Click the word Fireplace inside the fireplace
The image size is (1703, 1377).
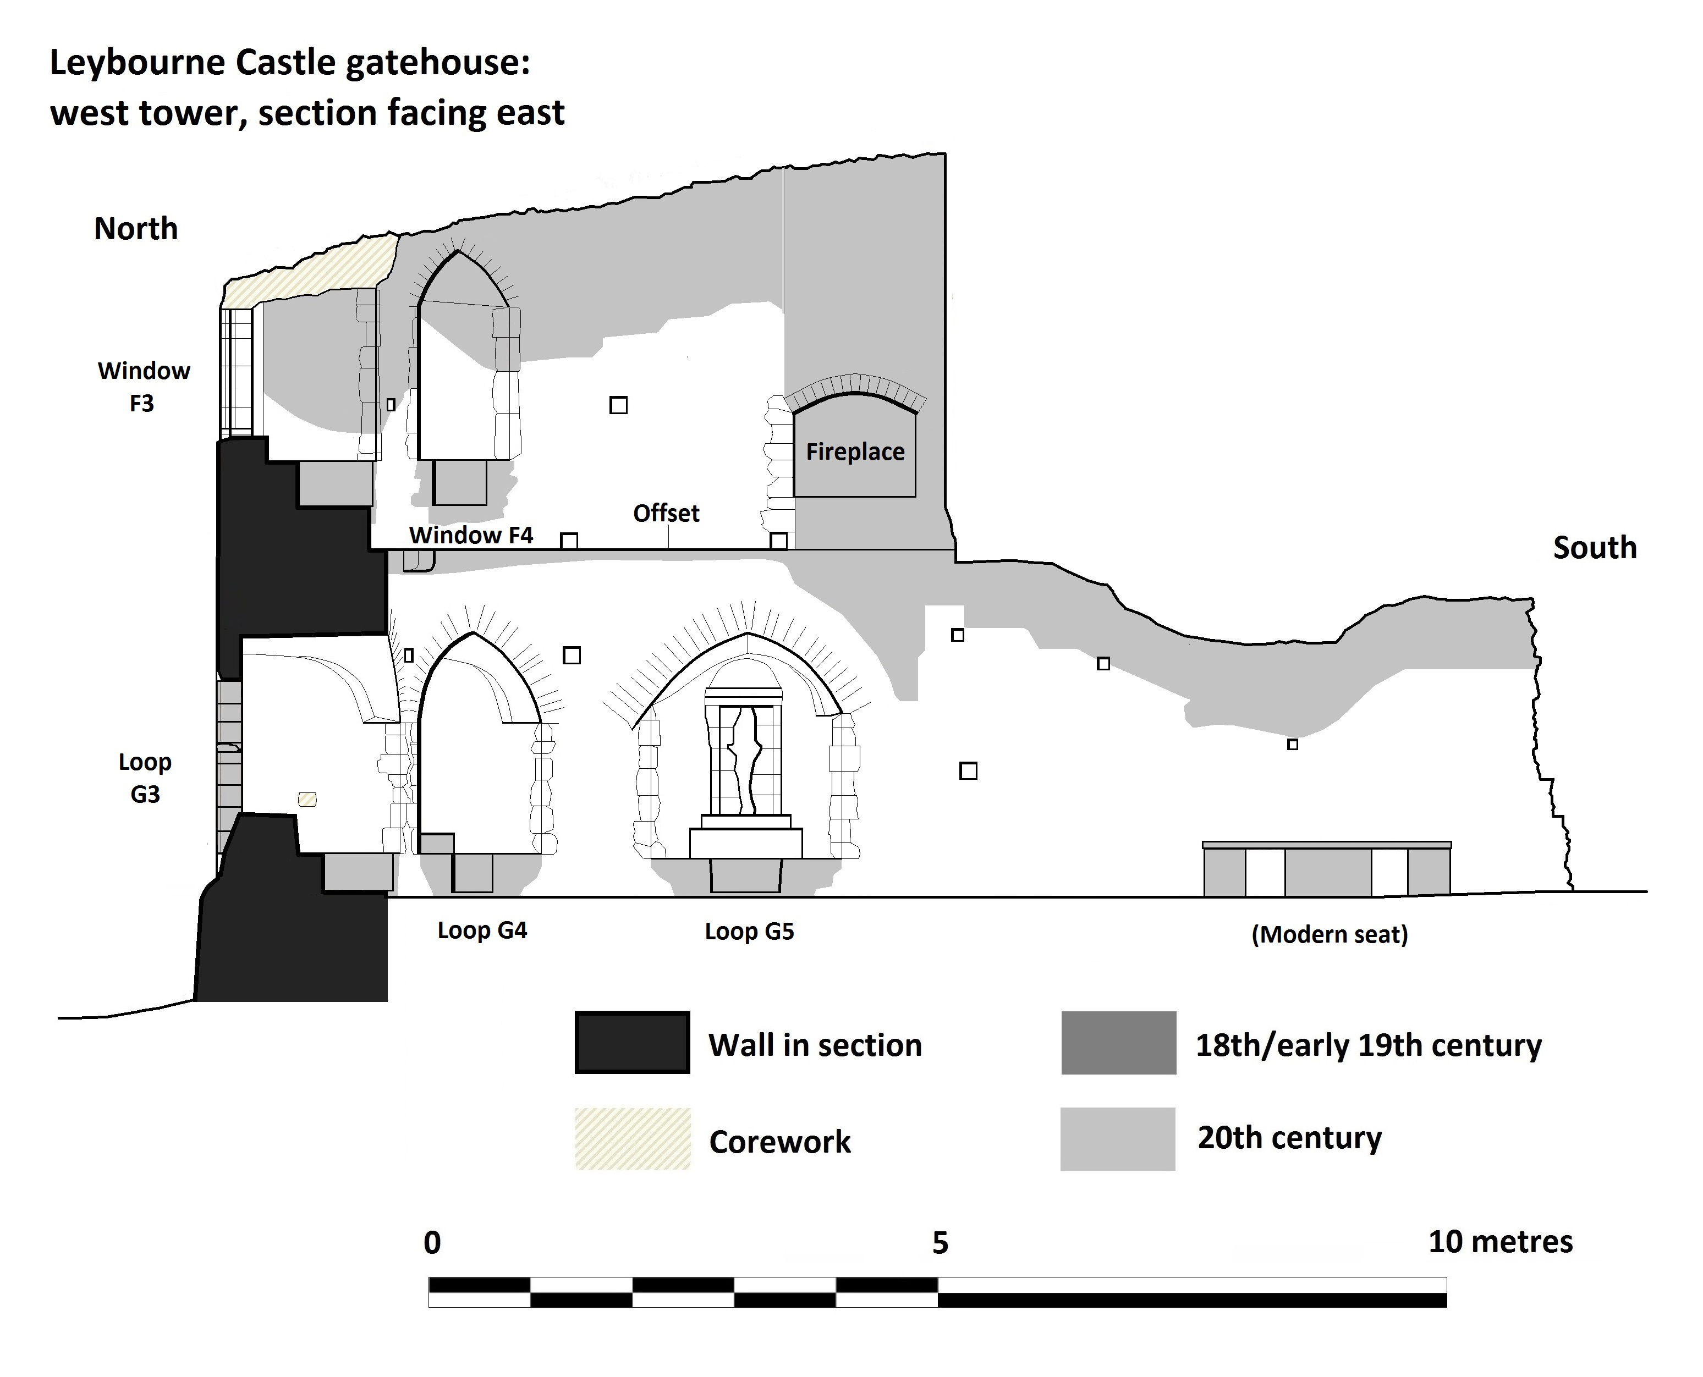[855, 452]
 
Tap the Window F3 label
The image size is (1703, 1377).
[144, 387]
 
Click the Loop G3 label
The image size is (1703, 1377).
[145, 778]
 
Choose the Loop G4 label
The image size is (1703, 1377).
[482, 930]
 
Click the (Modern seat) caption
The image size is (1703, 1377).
[1330, 934]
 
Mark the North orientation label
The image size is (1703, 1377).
[136, 229]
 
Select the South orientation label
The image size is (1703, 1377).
[1594, 548]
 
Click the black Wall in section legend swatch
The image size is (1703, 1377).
[632, 1043]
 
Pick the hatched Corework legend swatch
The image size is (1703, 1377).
[632, 1139]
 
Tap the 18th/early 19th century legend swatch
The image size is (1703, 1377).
[1118, 1043]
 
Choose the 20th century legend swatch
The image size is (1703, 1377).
[1118, 1139]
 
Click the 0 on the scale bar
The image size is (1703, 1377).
[432, 1243]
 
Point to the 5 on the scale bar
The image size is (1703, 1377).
[940, 1243]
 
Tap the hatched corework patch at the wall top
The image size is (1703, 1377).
[317, 269]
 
